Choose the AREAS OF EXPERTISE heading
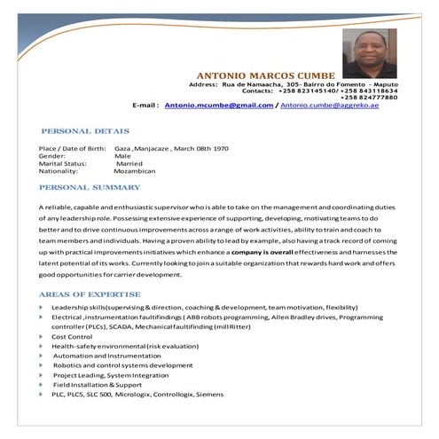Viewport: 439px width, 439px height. coord(90,294)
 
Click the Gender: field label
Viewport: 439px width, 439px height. coord(53,155)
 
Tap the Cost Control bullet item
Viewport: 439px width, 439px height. coord(73,337)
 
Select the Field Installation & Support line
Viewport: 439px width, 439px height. coord(98,385)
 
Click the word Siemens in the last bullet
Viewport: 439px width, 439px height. coord(210,395)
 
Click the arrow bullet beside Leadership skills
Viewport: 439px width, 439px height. coord(42,307)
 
